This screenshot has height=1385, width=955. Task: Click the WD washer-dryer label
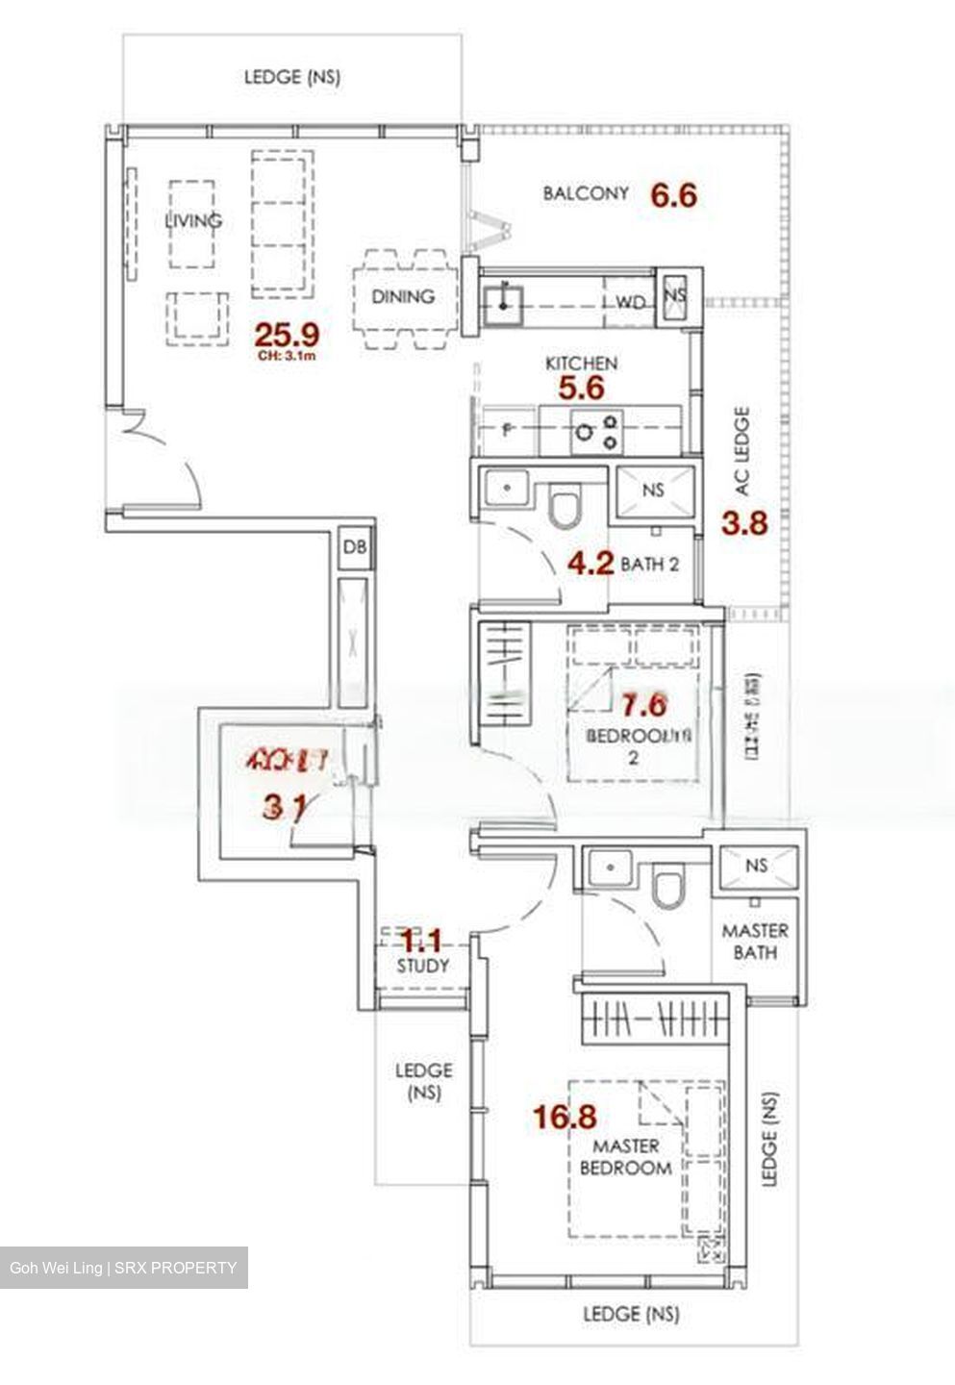tap(630, 303)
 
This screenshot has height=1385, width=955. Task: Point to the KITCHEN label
tap(581, 364)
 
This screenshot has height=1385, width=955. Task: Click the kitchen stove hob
tap(597, 430)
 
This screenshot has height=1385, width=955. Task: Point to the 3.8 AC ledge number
tap(744, 524)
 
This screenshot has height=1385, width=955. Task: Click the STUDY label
tap(423, 965)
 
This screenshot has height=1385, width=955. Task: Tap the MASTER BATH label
tap(755, 942)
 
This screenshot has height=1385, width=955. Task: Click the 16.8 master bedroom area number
tap(565, 1117)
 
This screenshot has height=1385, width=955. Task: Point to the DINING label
tap(403, 296)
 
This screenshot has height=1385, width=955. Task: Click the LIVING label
tap(193, 220)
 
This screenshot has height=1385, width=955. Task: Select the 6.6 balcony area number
tap(673, 195)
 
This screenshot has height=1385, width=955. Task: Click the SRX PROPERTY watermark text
tap(175, 1267)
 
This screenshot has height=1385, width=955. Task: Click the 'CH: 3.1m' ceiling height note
tap(287, 356)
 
